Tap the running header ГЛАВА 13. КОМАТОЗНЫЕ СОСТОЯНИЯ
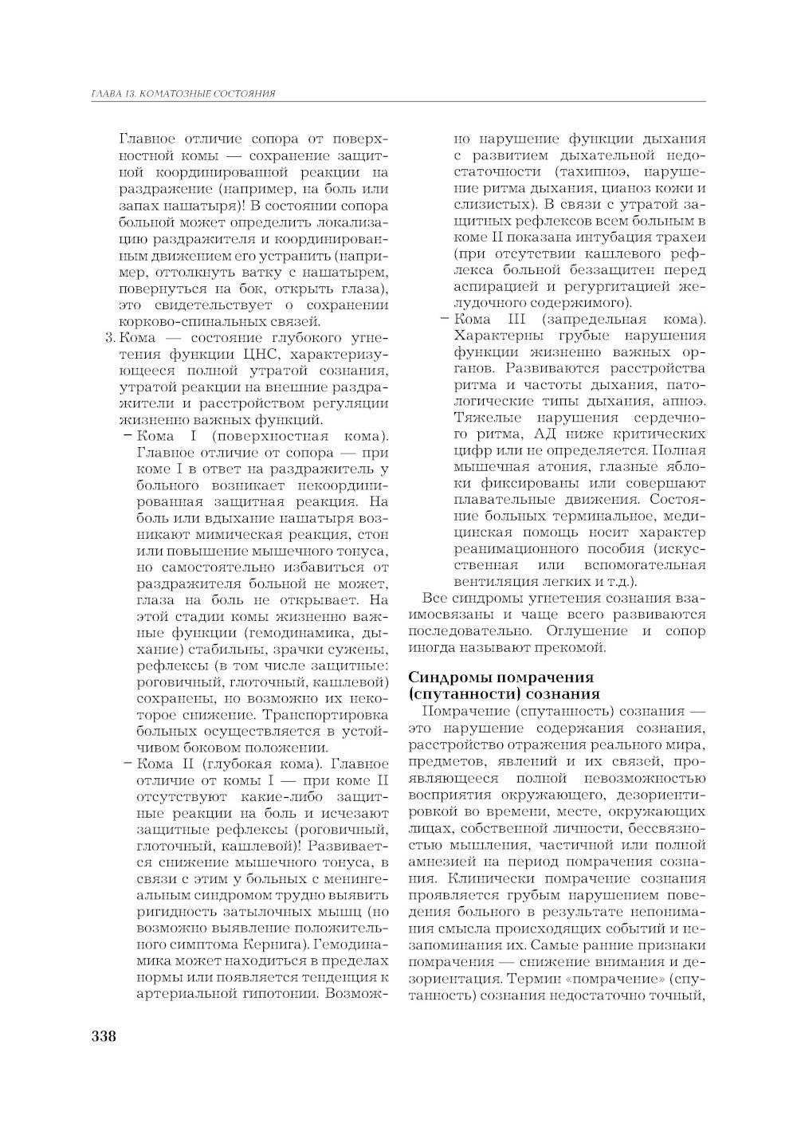[x=183, y=94]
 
